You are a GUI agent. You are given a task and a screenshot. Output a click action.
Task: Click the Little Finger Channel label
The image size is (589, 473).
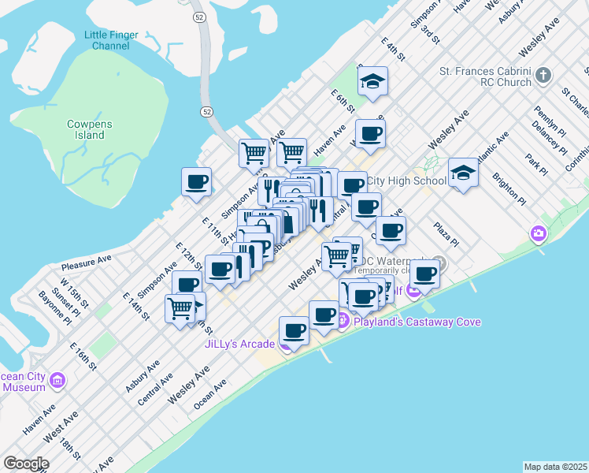[x=111, y=40]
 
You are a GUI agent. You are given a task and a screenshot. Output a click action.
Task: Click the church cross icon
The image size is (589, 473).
[x=543, y=76]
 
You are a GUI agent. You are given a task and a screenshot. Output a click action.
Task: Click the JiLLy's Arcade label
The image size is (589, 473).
[x=239, y=344]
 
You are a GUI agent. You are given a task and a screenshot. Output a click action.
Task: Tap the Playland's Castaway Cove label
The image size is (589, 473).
[x=417, y=322]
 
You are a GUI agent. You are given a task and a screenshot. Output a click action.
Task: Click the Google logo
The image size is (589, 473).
[x=25, y=464]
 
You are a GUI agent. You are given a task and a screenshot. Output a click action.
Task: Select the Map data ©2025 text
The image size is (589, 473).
[x=556, y=467]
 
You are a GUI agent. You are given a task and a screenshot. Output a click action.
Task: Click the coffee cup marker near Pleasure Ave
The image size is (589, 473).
[x=197, y=182]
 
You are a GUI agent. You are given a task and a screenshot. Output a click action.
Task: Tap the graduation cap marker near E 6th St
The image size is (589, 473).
[x=372, y=80]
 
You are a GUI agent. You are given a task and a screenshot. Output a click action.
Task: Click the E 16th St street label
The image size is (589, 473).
[x=83, y=357]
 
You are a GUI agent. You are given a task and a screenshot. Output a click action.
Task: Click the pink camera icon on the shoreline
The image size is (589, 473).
[x=539, y=233]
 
